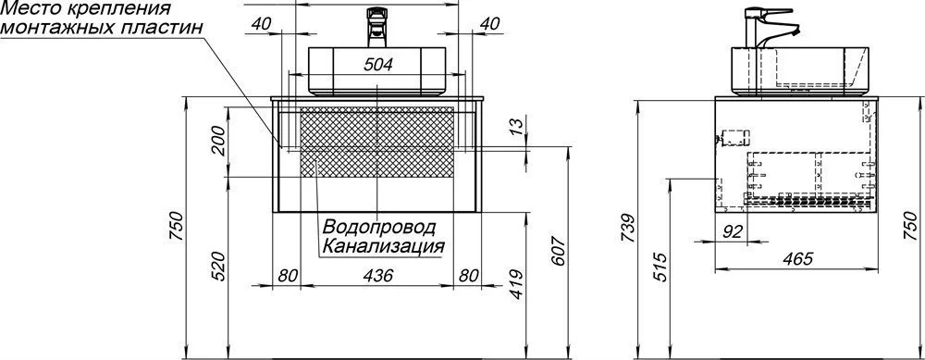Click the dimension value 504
click(x=377, y=65)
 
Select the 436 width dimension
click(x=377, y=275)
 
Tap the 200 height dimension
click(x=218, y=141)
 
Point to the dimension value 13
click(x=515, y=124)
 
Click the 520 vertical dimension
click(x=218, y=267)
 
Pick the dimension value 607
click(x=560, y=251)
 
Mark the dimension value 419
click(x=515, y=284)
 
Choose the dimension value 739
click(x=629, y=228)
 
